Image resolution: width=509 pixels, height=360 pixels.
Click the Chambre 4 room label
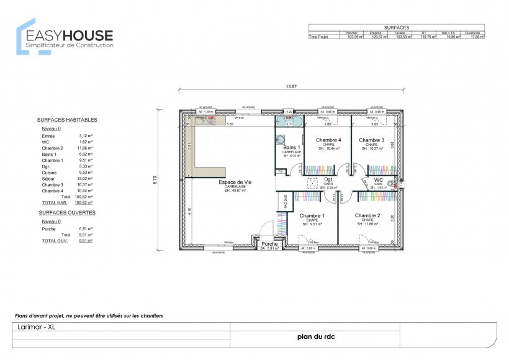[x=328, y=140]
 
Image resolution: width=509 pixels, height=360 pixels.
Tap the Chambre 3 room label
[x=371, y=140]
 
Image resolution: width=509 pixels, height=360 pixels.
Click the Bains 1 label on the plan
[x=292, y=148]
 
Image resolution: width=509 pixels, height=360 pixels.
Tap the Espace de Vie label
[x=235, y=182]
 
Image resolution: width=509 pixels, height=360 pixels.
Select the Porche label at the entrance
[x=269, y=244]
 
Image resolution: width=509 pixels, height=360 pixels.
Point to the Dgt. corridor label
[x=328, y=179]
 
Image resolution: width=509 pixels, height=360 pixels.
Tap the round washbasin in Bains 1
[x=280, y=139]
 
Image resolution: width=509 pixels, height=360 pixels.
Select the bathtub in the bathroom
[x=288, y=119]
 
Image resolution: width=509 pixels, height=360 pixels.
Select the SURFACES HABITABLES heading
[x=67, y=119]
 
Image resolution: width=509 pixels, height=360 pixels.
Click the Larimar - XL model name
[x=35, y=326]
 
